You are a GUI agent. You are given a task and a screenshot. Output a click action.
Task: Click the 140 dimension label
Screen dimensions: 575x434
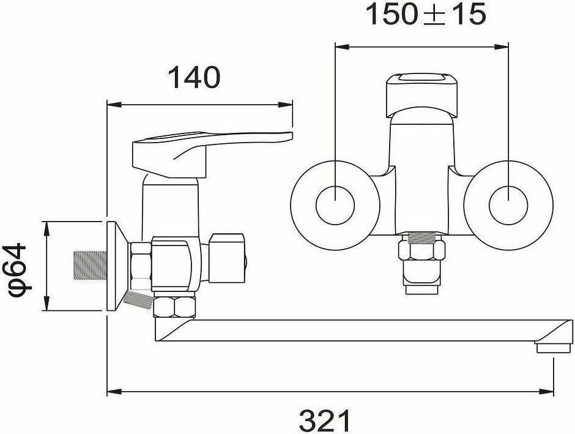(x=194, y=77)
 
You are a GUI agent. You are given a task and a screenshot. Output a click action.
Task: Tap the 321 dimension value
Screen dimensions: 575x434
(x=325, y=421)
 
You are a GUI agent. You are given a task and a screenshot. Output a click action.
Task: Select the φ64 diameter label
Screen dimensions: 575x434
(x=19, y=266)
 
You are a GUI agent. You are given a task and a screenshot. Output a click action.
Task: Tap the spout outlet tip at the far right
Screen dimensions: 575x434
(x=554, y=348)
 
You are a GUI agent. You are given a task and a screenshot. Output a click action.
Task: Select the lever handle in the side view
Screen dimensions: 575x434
(x=212, y=154)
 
